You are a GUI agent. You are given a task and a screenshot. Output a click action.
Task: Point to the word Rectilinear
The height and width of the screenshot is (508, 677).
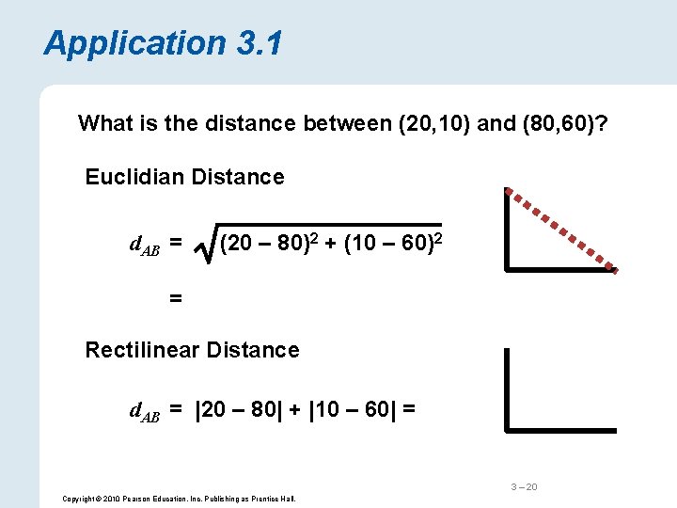pyautogui.click(x=142, y=350)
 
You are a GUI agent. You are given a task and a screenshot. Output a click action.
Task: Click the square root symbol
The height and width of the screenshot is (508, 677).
pyautogui.click(x=204, y=249)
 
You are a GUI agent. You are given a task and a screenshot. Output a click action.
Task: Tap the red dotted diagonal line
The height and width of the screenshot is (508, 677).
pyautogui.click(x=561, y=230)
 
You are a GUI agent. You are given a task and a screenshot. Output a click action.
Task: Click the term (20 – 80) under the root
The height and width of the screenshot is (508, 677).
pyautogui.click(x=264, y=246)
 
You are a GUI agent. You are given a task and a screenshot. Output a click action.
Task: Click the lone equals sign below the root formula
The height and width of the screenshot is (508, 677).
pyautogui.click(x=175, y=298)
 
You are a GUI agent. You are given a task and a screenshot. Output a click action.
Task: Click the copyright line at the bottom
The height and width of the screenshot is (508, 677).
pyautogui.click(x=178, y=498)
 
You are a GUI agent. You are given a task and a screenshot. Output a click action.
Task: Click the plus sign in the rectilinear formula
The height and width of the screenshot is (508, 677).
pyautogui.click(x=293, y=410)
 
